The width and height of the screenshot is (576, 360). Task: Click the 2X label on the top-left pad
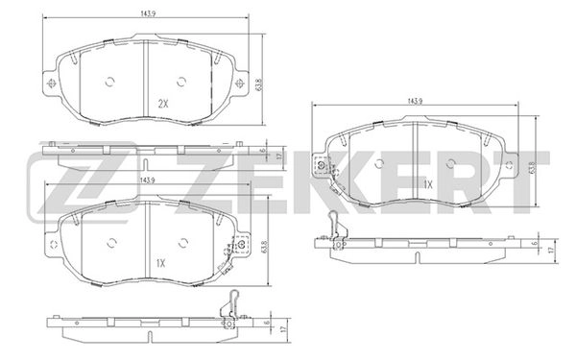[163, 105]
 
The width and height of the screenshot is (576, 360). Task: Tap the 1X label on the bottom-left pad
[161, 263]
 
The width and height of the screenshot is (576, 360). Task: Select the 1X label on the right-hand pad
[428, 184]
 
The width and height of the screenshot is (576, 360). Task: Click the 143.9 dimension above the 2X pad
[146, 13]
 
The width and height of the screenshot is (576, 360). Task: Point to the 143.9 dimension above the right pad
[415, 101]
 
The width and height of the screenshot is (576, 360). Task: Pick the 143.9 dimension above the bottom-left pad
[146, 180]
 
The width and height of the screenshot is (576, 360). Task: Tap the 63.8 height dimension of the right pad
[533, 168]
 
